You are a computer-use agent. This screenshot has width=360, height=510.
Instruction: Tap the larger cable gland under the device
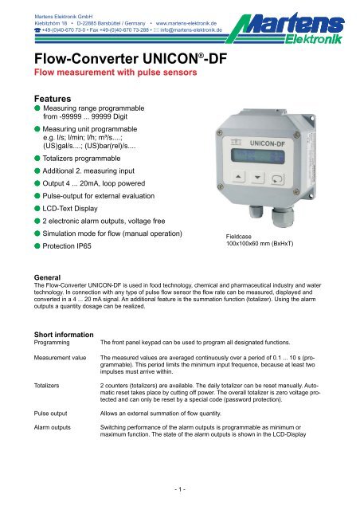pos(280,214)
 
